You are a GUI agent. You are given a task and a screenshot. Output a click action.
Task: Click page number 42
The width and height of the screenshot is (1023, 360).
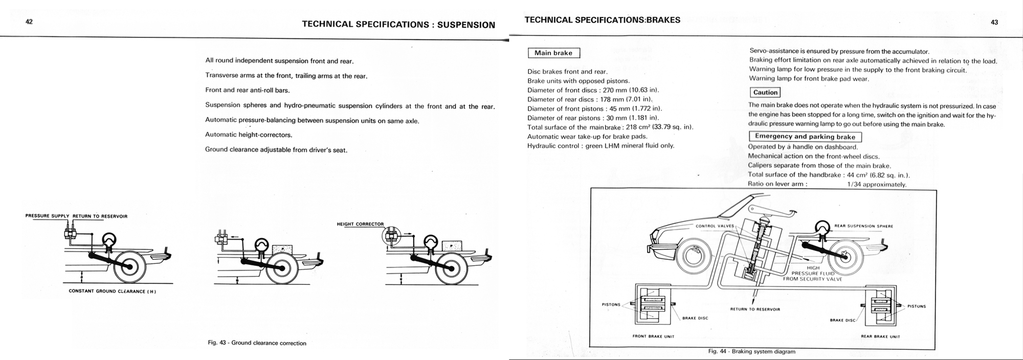tap(29, 22)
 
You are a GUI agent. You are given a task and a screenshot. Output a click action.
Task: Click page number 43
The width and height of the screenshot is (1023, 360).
tap(994, 22)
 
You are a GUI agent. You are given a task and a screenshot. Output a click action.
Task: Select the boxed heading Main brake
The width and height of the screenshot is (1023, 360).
tap(553, 53)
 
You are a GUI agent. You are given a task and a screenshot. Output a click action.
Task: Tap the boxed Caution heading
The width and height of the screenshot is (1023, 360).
tap(765, 93)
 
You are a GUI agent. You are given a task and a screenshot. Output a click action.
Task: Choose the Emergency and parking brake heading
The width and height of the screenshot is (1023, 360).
tap(805, 137)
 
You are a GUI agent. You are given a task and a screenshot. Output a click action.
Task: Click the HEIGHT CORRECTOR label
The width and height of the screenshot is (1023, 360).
tap(360, 224)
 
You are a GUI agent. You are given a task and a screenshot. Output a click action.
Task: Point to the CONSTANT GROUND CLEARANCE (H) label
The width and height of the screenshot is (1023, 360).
tap(112, 291)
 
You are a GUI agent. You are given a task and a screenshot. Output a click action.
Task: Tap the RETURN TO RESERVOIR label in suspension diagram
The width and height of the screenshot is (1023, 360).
tap(100, 216)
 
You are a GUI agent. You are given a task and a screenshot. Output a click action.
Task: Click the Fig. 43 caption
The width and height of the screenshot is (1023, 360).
tap(257, 343)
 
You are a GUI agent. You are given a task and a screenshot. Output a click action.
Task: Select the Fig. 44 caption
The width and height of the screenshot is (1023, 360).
tap(751, 352)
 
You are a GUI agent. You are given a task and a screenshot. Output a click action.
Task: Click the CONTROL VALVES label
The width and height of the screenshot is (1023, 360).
tap(715, 226)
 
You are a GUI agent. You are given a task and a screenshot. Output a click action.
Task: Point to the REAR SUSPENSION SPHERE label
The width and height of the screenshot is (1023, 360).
tap(863, 226)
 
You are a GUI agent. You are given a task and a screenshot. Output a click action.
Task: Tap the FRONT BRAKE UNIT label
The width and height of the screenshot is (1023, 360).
tap(653, 336)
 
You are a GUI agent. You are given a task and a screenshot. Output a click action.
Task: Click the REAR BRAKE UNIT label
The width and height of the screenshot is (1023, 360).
tap(880, 336)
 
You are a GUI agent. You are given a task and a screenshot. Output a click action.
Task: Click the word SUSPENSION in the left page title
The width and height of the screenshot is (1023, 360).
tap(466, 25)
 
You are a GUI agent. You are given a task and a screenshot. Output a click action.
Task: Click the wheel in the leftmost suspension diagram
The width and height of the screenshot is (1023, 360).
tap(130, 266)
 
